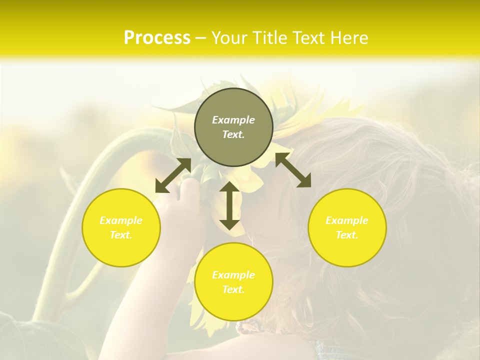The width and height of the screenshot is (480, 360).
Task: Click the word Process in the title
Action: (x=157, y=37)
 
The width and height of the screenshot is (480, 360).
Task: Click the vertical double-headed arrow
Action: (x=229, y=205)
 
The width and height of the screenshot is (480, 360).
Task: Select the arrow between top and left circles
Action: (x=173, y=175)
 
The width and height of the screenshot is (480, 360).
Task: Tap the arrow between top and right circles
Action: (x=293, y=170)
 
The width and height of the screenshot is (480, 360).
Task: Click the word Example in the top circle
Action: (x=233, y=120)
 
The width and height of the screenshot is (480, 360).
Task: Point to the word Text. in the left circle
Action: (x=121, y=235)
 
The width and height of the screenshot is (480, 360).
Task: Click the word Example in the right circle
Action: (x=347, y=220)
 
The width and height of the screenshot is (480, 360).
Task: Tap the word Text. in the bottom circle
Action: (x=233, y=289)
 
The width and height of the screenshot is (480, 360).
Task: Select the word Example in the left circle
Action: (x=121, y=220)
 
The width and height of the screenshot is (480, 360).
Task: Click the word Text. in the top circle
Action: (x=233, y=134)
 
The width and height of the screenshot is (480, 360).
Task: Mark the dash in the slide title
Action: (x=201, y=37)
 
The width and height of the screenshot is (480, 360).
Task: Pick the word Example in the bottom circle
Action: (x=233, y=275)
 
